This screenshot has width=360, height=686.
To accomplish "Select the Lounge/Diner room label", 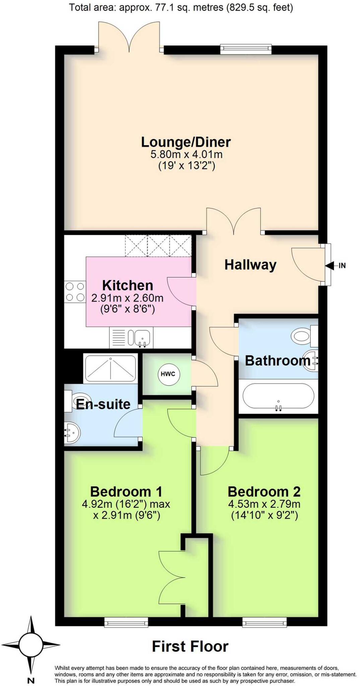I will pyautogui.click(x=186, y=142).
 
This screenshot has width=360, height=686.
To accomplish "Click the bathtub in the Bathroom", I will pyautogui.click(x=278, y=396).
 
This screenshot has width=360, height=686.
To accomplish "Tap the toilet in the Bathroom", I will pyautogui.click(x=303, y=335).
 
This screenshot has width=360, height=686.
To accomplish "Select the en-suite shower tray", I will pyautogui.click(x=111, y=368).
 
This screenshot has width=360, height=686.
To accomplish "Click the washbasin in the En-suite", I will pyautogui.click(x=72, y=432).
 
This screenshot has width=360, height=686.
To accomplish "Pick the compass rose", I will pyautogui.click(x=31, y=644).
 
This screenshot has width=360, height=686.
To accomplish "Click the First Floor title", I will pyautogui.click(x=190, y=646).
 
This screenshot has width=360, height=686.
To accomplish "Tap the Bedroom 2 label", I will pyautogui.click(x=264, y=492).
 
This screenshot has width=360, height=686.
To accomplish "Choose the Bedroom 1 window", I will pyautogui.click(x=126, y=622).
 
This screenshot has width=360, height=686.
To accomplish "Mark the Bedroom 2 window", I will pyautogui.click(x=265, y=622).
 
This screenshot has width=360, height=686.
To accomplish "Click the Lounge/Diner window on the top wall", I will pyautogui.click(x=246, y=49).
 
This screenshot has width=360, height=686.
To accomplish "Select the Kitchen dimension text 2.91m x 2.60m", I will pyautogui.click(x=127, y=298).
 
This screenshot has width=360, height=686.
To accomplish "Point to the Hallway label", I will pyautogui.click(x=250, y=265).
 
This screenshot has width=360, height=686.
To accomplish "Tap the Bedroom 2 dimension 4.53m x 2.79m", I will pyautogui.click(x=264, y=504).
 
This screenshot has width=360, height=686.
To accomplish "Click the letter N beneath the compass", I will pyautogui.click(x=31, y=680).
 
